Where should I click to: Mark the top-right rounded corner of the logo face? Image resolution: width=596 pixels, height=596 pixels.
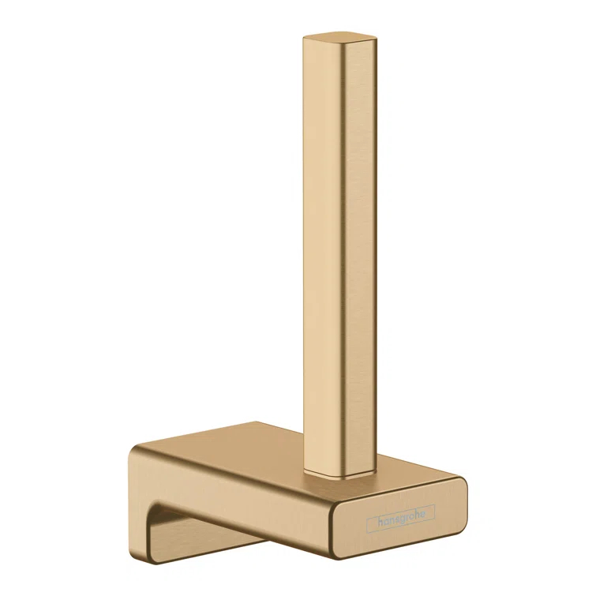tap(462, 480)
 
